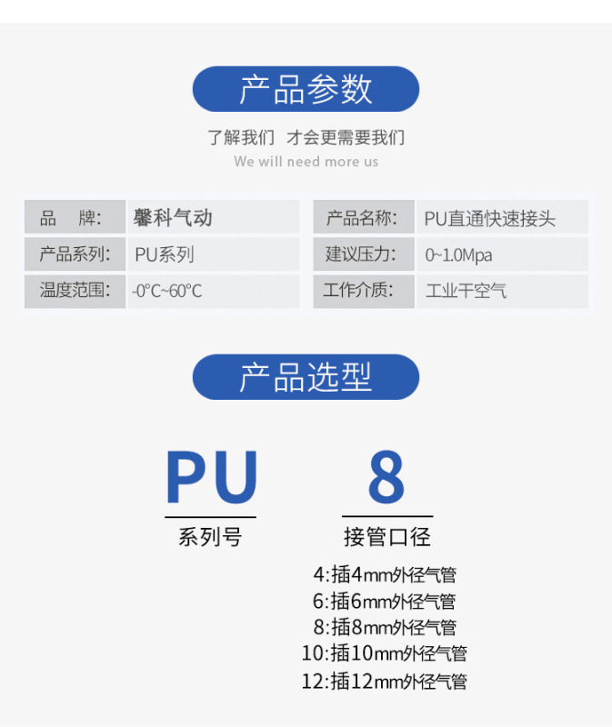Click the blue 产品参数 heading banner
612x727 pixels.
[x=306, y=89]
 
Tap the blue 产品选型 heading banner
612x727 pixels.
[x=306, y=377]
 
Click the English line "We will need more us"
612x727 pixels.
[x=306, y=162]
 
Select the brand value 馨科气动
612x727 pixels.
[x=173, y=218]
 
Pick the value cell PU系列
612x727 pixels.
[x=165, y=254]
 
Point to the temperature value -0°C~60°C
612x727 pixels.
[x=167, y=291]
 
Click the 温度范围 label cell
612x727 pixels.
[x=75, y=291]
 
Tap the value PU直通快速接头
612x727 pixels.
[x=489, y=218]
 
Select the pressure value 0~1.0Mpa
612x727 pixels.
[x=459, y=254]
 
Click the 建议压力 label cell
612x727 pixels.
[x=362, y=254]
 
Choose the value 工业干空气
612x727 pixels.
[x=467, y=291]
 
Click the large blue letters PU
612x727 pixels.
[x=212, y=477]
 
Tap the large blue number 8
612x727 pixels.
[x=386, y=477]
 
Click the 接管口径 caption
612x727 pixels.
[x=386, y=537]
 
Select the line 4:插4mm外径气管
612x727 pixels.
[x=385, y=574]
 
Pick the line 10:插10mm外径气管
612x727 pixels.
[x=385, y=653]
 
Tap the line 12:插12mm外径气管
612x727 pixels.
[x=385, y=681]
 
